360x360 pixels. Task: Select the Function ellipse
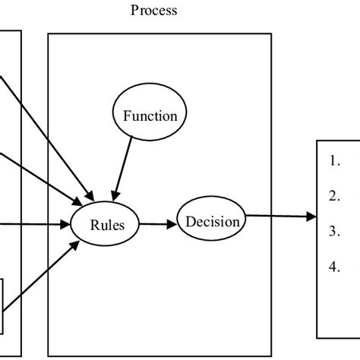point(150,116)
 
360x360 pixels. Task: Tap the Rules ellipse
point(103,225)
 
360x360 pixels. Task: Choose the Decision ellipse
point(212,223)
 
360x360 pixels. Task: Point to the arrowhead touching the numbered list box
point(311,217)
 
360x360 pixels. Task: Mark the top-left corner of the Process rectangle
point(49,33)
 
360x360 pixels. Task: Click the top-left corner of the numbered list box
point(317,141)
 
